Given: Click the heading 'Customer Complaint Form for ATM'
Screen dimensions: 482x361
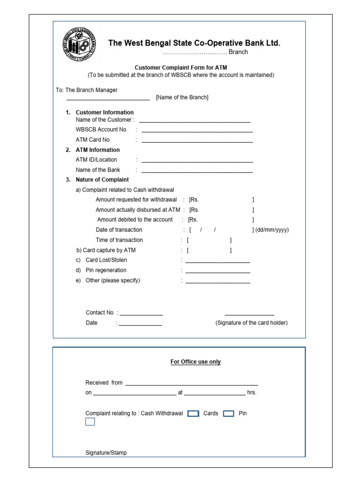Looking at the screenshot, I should click(x=181, y=68).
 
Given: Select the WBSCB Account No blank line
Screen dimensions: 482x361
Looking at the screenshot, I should click(x=197, y=131).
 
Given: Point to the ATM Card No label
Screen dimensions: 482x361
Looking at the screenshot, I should click(x=93, y=140).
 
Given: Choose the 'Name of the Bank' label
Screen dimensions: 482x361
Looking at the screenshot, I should click(x=98, y=170).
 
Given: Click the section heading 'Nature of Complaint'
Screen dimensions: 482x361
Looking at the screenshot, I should click(x=102, y=180).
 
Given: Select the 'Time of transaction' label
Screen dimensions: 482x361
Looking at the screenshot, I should click(x=119, y=240).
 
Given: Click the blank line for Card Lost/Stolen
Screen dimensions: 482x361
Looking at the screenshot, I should click(x=218, y=261).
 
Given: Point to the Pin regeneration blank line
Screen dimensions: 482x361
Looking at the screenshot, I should click(x=218, y=272).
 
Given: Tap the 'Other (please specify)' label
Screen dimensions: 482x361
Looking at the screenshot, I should click(x=113, y=281).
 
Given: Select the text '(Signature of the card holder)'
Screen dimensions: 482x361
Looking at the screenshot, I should click(x=251, y=323).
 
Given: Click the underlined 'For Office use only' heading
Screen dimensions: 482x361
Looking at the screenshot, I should click(x=195, y=362).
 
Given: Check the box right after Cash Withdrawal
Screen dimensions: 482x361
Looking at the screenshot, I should click(x=193, y=414).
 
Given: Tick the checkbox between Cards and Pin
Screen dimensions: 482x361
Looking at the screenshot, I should click(x=228, y=414).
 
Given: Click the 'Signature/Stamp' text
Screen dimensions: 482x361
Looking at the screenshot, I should click(x=106, y=453).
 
